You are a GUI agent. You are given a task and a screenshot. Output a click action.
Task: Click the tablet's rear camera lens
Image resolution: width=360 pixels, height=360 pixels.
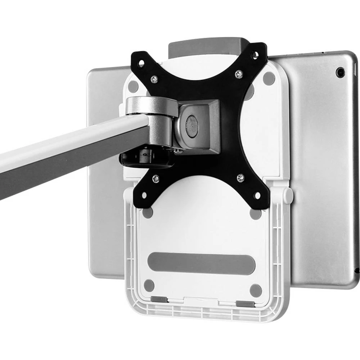339,72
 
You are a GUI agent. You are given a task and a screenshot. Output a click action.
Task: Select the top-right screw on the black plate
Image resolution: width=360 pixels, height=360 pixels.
239,74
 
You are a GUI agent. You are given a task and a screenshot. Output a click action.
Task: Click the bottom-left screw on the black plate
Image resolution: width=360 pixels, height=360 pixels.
156,178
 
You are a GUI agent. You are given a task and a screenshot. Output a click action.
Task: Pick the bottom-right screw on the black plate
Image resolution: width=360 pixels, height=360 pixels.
240,177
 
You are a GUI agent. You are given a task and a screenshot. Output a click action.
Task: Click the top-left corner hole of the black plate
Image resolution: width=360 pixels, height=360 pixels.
141,63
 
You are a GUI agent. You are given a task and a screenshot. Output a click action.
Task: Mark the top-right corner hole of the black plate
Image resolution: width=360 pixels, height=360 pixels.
255,55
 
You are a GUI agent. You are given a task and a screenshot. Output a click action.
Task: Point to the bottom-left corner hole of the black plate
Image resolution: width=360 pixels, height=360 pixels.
144,195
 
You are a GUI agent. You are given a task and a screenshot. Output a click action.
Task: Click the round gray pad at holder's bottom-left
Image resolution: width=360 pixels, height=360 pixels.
149,285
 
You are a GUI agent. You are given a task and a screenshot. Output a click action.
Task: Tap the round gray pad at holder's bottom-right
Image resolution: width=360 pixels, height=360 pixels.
256,290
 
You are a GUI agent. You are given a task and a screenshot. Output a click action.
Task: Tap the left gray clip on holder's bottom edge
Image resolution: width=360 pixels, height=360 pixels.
159,299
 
